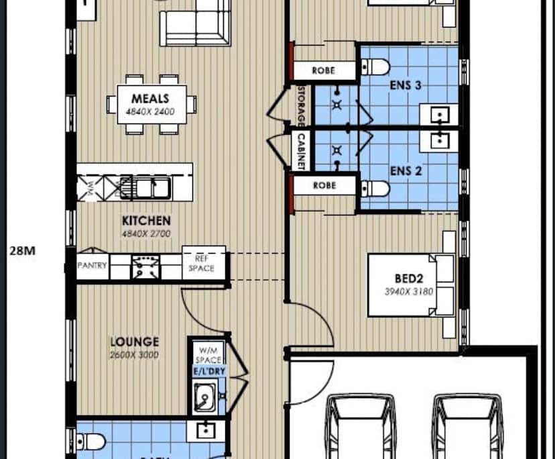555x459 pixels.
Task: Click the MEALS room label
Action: [150, 99]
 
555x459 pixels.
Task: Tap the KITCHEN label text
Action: [145, 220]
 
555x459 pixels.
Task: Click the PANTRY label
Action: [92, 266]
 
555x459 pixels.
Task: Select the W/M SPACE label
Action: [208, 355]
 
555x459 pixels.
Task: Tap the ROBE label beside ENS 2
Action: [324, 186]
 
